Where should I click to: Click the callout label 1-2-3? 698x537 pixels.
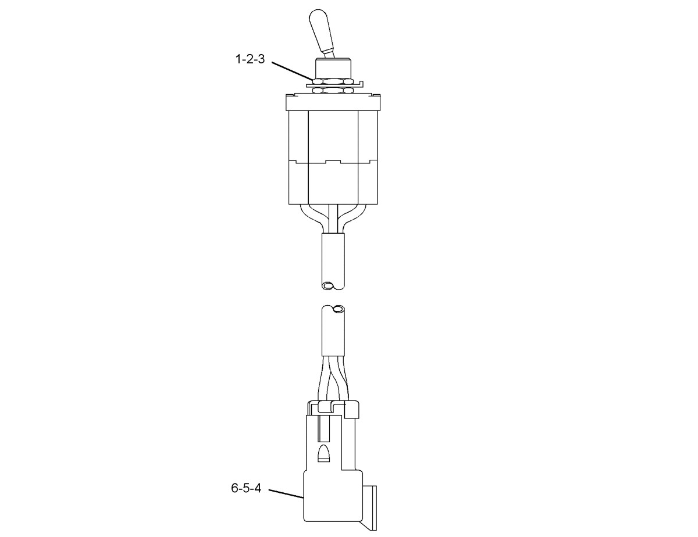(250, 59)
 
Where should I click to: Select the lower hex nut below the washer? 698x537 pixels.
(333, 90)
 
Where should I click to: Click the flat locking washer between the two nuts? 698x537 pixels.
(334, 85)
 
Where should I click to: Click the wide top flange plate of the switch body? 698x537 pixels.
(333, 103)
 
